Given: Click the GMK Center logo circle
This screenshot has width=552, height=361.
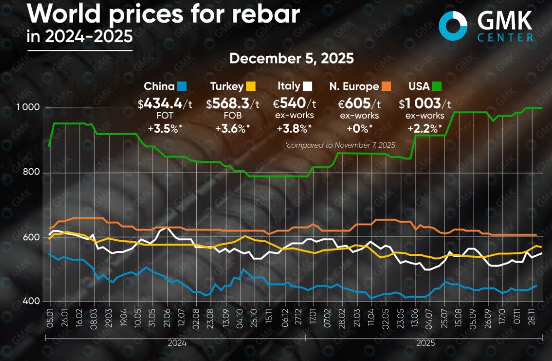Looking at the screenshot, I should [453, 25].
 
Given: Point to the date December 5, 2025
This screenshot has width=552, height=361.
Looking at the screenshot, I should [291, 59].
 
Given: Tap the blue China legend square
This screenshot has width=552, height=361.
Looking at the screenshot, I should [181, 87].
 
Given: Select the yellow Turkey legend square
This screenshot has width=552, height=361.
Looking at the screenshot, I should [251, 87].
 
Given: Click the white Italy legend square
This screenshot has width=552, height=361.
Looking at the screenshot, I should [308, 87].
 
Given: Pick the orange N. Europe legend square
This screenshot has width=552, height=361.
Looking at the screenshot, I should [385, 87].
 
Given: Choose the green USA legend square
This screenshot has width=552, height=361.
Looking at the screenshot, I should [436, 87].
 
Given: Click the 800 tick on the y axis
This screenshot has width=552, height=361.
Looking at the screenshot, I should [31, 173].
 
